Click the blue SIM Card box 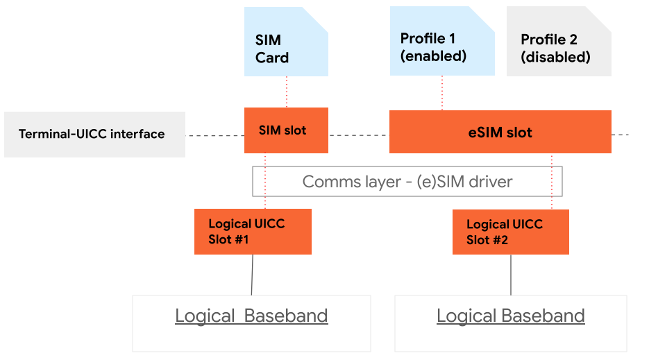tap(285, 42)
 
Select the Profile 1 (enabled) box tap(442, 42)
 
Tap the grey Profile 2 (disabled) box tap(558, 42)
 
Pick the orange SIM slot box tap(285, 130)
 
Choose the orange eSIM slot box tap(500, 132)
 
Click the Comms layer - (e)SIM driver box tap(407, 182)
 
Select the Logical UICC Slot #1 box tap(253, 232)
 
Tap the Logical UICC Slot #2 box tap(510, 232)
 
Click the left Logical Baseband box tap(251, 323)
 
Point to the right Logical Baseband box tap(510, 323)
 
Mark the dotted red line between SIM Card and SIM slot tap(286, 92)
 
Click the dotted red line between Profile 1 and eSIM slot tap(442, 92)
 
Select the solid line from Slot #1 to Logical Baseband tap(252, 275)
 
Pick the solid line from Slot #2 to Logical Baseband tap(511, 275)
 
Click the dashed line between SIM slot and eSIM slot tap(358, 135)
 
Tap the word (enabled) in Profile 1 tap(434, 56)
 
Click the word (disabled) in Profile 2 tap(555, 58)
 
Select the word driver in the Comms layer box tap(490, 182)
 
